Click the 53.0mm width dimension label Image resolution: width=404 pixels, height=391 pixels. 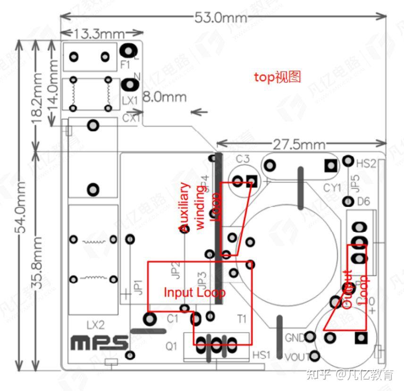pyautogui.click(x=221, y=17)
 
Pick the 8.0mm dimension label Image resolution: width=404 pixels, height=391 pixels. pyautogui.click(x=165, y=97)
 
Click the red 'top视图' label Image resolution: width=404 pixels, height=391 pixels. pyautogui.click(x=278, y=77)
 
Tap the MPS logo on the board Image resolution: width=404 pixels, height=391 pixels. pyautogui.click(x=100, y=343)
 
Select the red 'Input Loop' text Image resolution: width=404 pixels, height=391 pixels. pyautogui.click(x=194, y=292)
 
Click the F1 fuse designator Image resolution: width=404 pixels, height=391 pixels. pyautogui.click(x=125, y=65)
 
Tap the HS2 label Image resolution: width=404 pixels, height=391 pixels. pyautogui.click(x=366, y=164)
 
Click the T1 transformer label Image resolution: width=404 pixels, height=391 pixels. pyautogui.click(x=242, y=319)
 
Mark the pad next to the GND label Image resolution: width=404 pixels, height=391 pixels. pyautogui.click(x=310, y=337)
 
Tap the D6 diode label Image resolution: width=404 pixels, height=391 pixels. pyautogui.click(x=363, y=202)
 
